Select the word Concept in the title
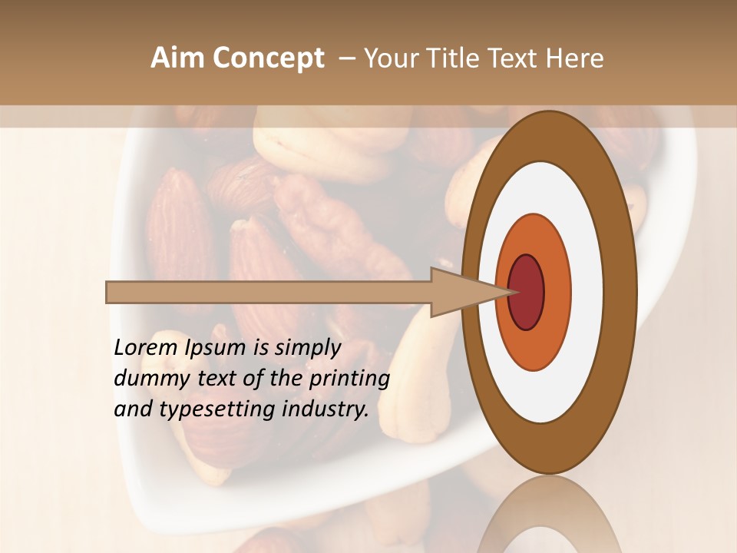[x=268, y=59]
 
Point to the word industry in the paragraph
[x=326, y=409]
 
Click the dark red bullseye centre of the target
[x=526, y=292]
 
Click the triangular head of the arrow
[x=461, y=292]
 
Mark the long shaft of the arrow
[x=269, y=292]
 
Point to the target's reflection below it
[x=548, y=515]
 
